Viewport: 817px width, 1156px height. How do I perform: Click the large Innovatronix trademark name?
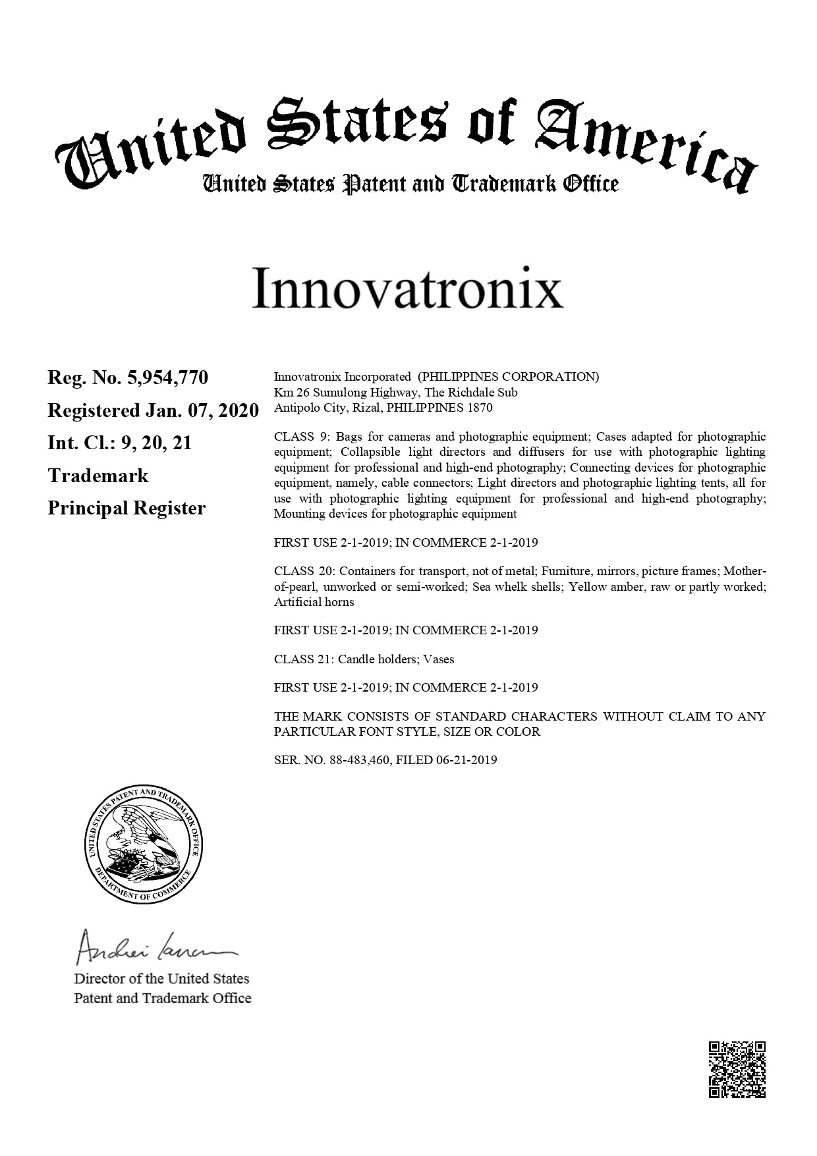tap(407, 288)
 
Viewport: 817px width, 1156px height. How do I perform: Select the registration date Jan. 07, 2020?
tap(202, 410)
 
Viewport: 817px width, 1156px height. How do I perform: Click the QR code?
tap(737, 1069)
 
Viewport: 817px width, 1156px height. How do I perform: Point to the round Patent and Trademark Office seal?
tap(144, 845)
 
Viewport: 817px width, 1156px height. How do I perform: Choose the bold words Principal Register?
tap(127, 509)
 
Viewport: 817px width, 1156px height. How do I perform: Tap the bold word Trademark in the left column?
tap(98, 476)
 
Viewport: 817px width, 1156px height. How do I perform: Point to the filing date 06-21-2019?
tap(466, 759)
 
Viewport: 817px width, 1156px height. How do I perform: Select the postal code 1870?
tap(480, 408)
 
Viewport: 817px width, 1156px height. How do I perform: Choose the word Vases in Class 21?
tap(439, 659)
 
